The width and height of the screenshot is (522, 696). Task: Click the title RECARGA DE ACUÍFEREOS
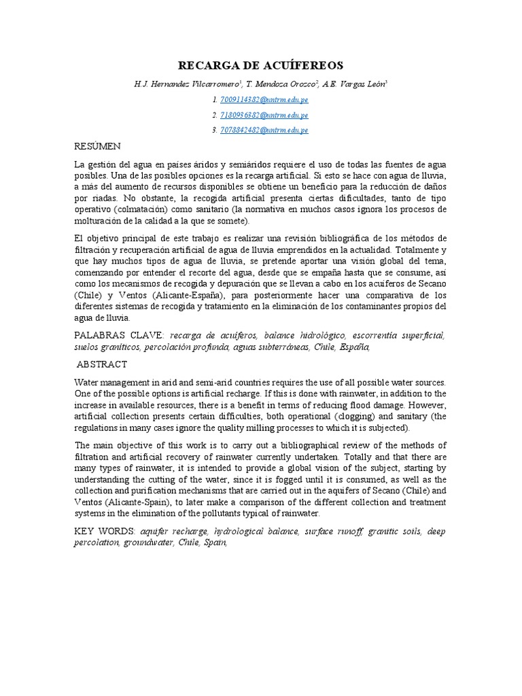coord(261,65)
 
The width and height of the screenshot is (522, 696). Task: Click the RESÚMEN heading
coord(98,146)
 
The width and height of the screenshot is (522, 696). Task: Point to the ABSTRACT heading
coord(102,364)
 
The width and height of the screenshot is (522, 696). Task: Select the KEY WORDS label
coord(105,531)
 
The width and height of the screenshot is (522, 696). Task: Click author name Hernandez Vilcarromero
coord(191,84)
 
